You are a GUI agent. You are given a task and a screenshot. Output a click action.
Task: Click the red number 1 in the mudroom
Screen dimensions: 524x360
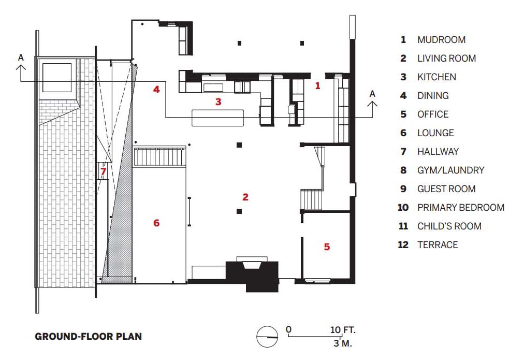(317, 85)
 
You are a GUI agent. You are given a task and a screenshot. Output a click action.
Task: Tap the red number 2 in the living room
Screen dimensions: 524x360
(245, 197)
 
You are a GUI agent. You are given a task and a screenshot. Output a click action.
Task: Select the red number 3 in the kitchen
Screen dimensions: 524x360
(218, 102)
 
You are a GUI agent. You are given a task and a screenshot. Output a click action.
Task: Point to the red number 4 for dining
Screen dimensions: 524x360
(156, 89)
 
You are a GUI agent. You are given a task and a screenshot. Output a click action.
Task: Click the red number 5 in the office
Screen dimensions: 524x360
(327, 247)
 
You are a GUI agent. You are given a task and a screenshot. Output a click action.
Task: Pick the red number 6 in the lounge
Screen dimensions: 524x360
(156, 223)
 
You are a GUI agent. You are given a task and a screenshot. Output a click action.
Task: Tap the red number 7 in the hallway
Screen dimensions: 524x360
(103, 171)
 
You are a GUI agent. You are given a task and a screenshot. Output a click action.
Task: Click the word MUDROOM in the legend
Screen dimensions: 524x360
(441, 40)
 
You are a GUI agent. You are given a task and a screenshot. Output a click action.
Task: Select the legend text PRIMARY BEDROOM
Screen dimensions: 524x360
(460, 208)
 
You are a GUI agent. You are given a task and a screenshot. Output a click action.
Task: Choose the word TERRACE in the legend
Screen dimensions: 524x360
(438, 245)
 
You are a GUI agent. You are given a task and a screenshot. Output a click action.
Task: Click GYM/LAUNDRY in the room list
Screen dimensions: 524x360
(450, 170)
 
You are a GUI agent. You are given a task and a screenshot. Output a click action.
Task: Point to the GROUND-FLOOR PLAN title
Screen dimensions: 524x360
(88, 336)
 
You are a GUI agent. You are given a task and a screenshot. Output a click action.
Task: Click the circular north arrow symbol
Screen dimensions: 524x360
(267, 337)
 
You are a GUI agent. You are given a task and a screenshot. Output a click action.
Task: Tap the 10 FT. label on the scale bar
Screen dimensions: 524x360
(343, 330)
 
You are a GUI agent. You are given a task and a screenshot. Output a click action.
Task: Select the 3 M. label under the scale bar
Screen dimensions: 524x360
(343, 343)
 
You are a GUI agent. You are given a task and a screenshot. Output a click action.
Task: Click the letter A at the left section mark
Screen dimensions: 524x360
(21, 57)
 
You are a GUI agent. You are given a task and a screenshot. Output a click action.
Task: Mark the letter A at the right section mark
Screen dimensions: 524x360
(372, 94)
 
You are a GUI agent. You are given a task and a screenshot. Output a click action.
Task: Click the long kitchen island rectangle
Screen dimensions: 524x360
(217, 118)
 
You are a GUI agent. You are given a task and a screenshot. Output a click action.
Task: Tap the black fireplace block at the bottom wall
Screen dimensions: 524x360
(252, 276)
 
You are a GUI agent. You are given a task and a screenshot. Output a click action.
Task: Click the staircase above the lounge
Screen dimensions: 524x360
(159, 156)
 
